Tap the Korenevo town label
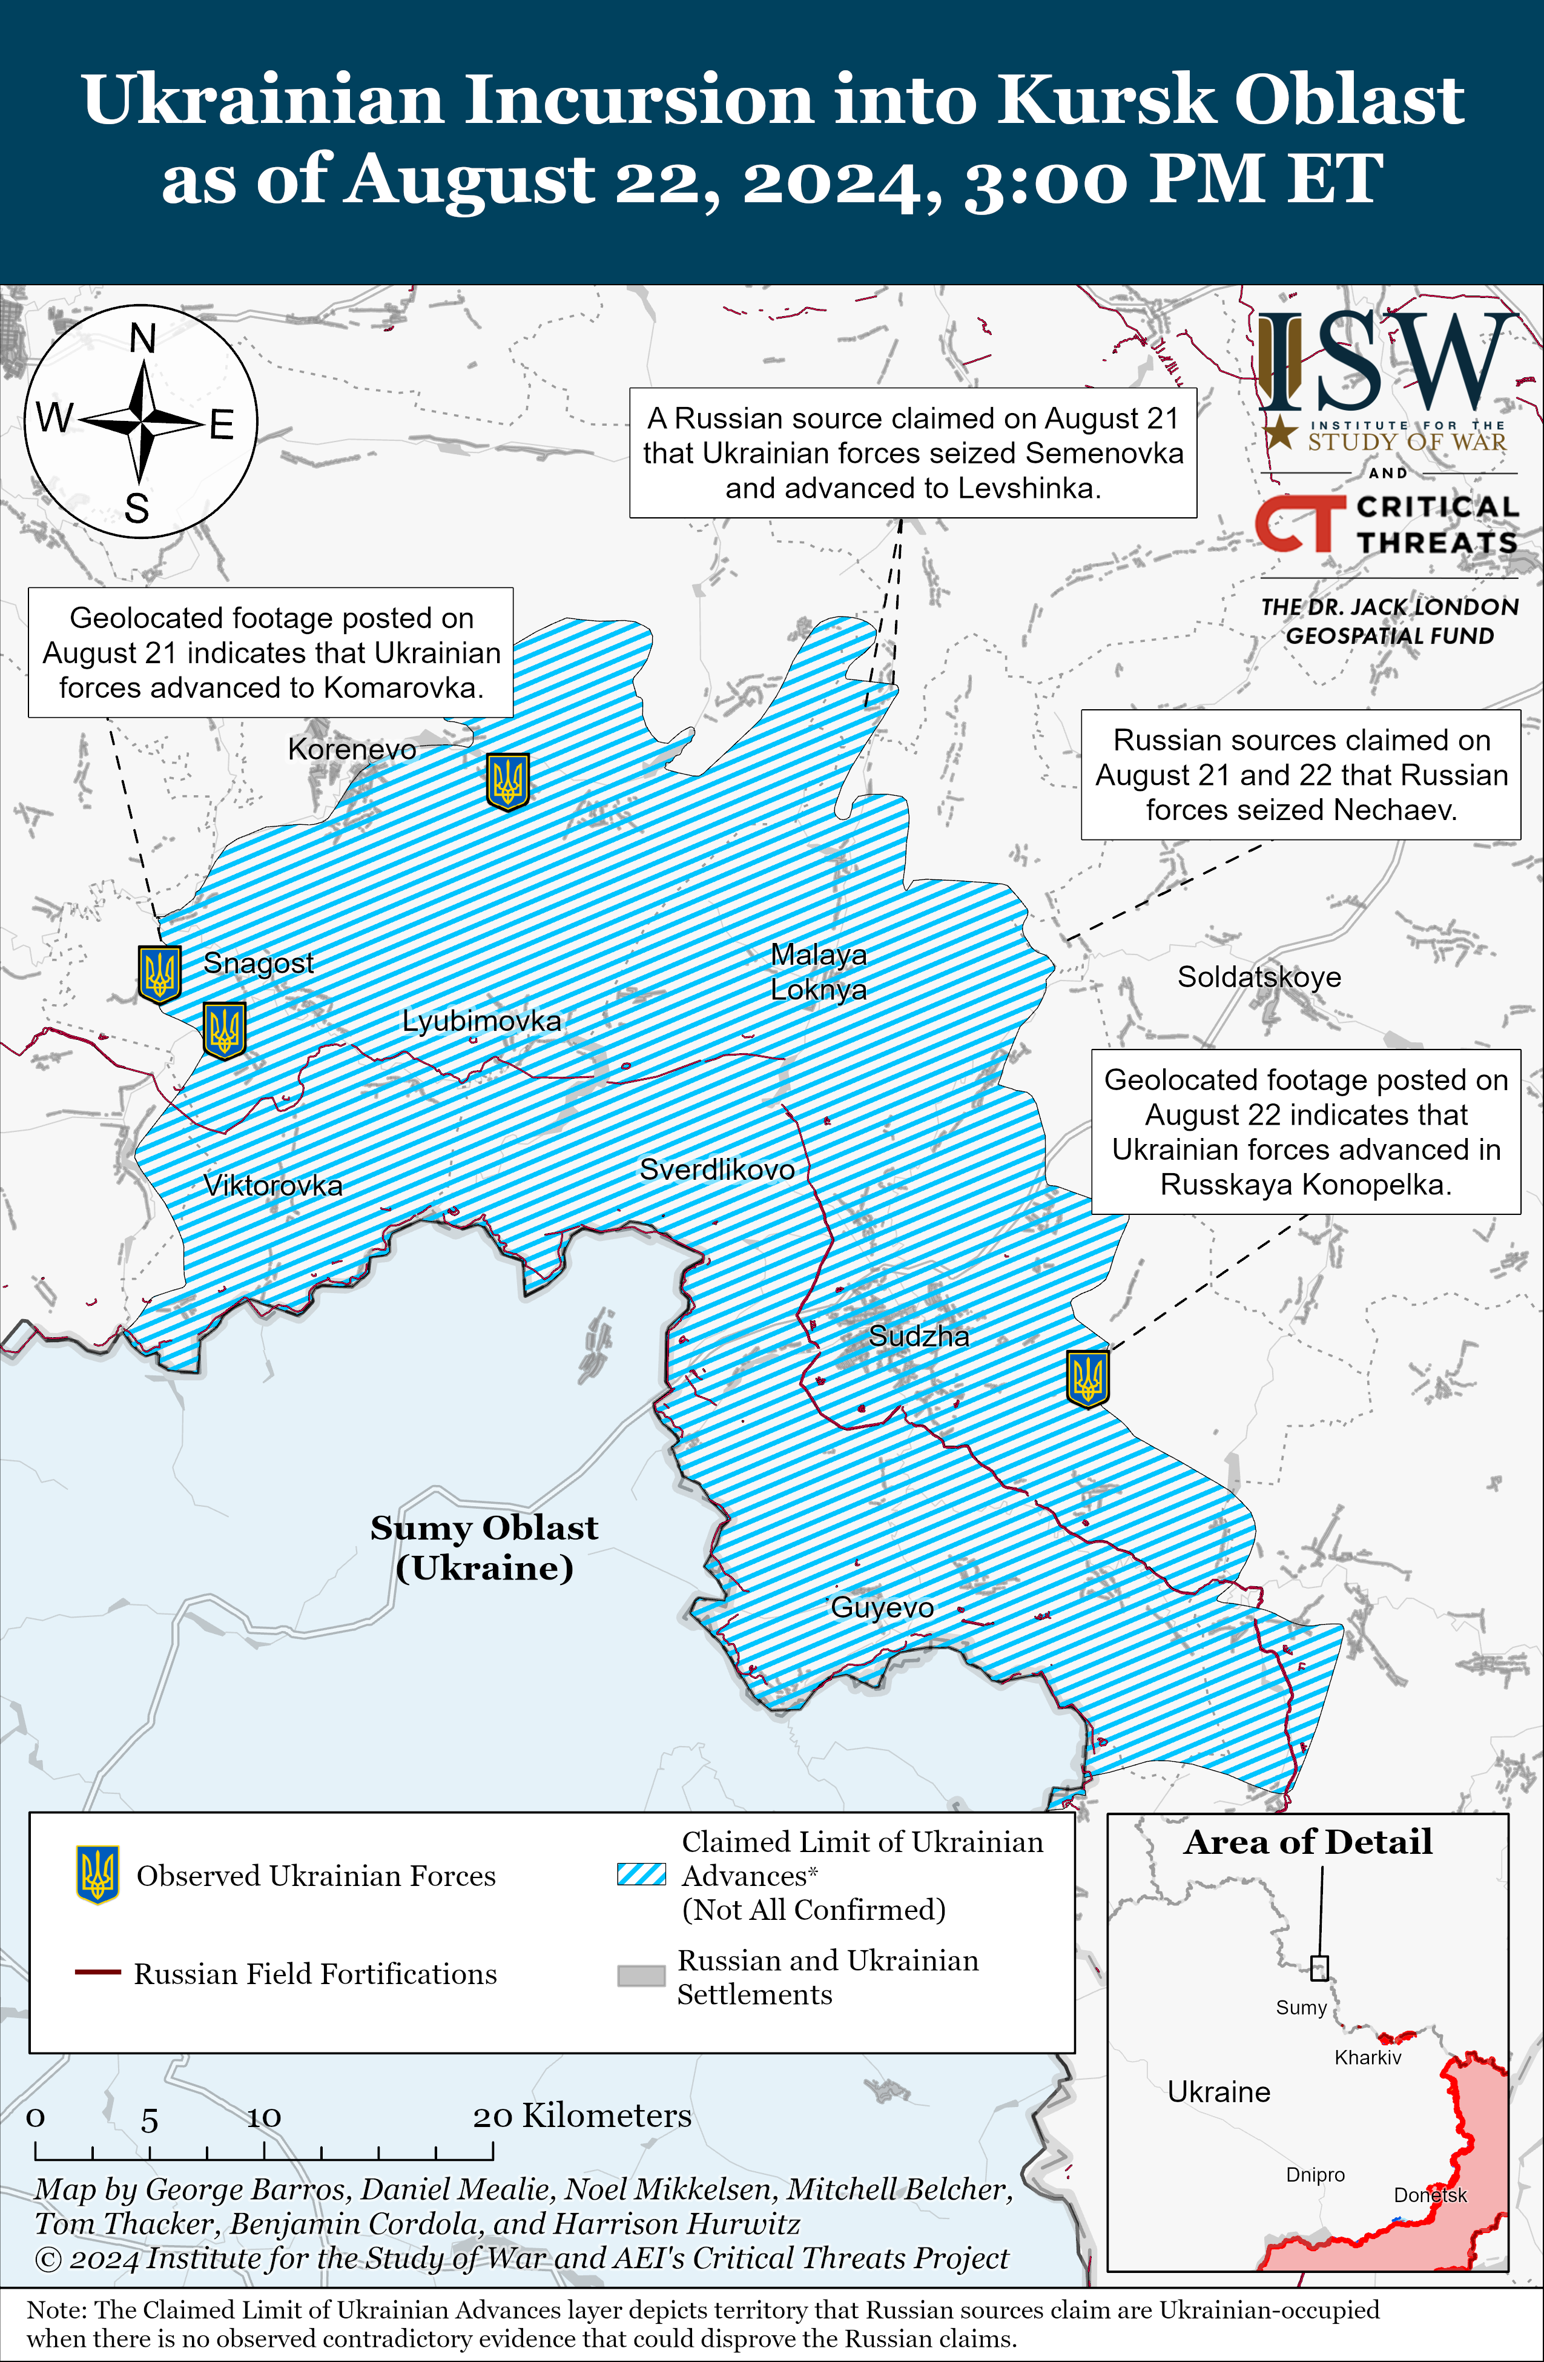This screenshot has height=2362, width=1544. [351, 749]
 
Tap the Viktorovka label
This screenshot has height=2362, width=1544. [273, 1185]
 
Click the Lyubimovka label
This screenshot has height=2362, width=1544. [481, 1021]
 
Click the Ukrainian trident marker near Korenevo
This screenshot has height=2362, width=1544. [507, 781]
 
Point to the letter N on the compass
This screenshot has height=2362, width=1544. [143, 339]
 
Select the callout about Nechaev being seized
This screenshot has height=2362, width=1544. [1300, 775]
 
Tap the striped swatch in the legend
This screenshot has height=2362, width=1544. [641, 1874]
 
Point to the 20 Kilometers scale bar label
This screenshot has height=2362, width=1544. [581, 2116]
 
